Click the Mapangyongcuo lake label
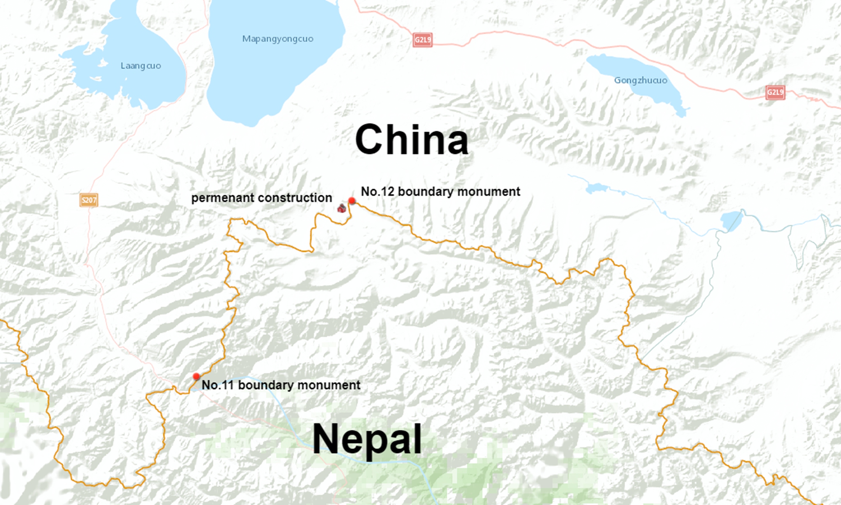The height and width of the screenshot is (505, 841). point(278,39)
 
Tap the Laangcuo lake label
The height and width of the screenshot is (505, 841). point(140,66)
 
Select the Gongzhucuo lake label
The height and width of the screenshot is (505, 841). point(640,80)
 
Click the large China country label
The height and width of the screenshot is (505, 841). point(411,140)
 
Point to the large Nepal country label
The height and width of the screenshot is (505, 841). point(367,439)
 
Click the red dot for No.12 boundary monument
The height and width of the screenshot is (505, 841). point(352,201)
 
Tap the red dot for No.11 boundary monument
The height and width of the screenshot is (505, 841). point(196,376)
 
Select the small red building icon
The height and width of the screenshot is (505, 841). point(341,207)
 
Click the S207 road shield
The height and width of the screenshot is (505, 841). point(89,200)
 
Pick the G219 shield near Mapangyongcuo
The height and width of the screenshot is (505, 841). point(423,40)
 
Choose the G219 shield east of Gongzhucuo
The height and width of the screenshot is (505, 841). point(775,93)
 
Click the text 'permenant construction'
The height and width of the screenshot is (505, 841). point(261,198)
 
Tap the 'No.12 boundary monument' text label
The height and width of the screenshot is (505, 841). point(440,191)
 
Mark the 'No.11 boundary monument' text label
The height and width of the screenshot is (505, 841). point(281,385)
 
